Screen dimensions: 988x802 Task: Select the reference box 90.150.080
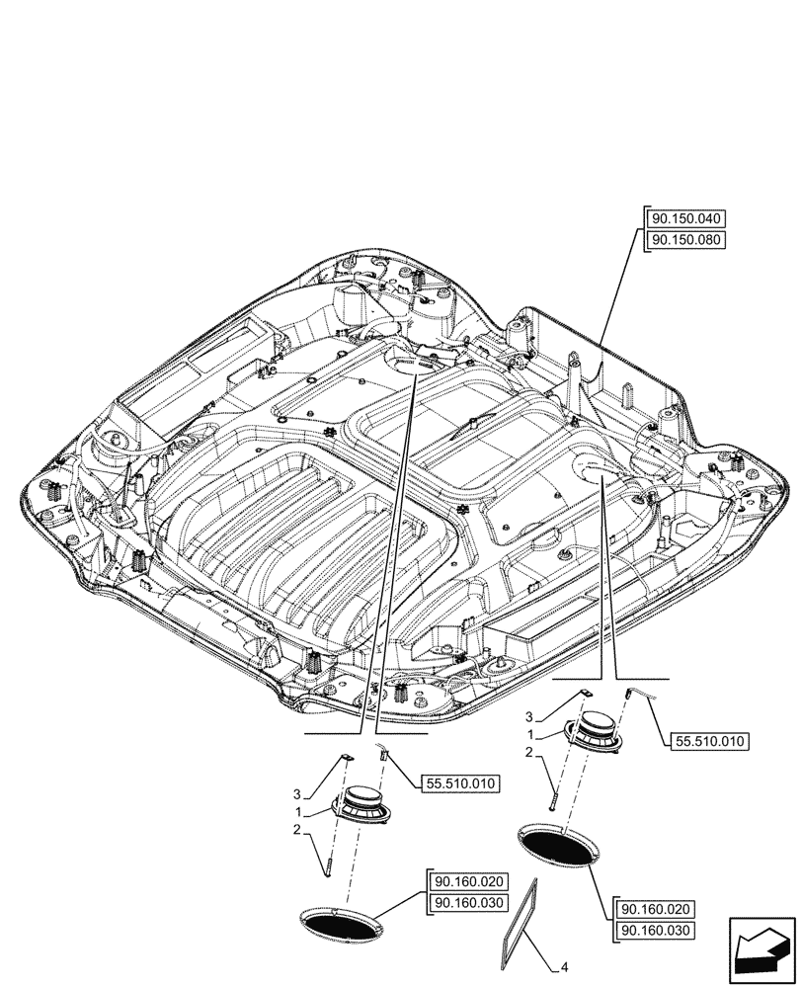(685, 241)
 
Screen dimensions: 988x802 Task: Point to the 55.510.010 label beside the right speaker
(710, 741)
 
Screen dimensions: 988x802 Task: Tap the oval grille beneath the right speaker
(558, 846)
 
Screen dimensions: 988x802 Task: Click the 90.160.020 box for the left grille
(467, 881)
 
